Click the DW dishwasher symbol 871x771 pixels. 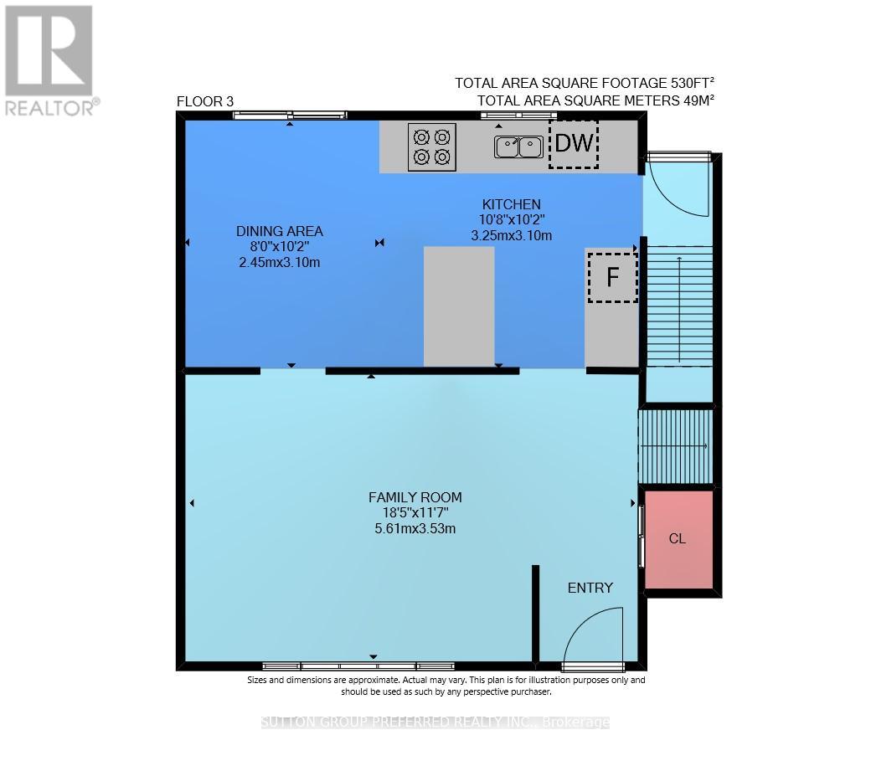(574, 143)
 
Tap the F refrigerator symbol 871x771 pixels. (612, 277)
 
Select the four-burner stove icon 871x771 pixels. (432, 146)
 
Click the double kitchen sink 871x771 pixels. (518, 147)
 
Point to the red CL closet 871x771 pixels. (678, 539)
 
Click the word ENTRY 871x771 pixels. (590, 588)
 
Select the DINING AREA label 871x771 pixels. (279, 231)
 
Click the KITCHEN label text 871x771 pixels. (511, 204)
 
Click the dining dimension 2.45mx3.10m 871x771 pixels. (279, 262)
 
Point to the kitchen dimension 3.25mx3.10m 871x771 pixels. (511, 235)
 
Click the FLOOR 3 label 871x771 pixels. (205, 102)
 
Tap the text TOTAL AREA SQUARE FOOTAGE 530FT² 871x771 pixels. (585, 83)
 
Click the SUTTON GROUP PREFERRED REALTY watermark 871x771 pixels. (435, 722)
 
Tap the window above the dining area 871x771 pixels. (290, 116)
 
